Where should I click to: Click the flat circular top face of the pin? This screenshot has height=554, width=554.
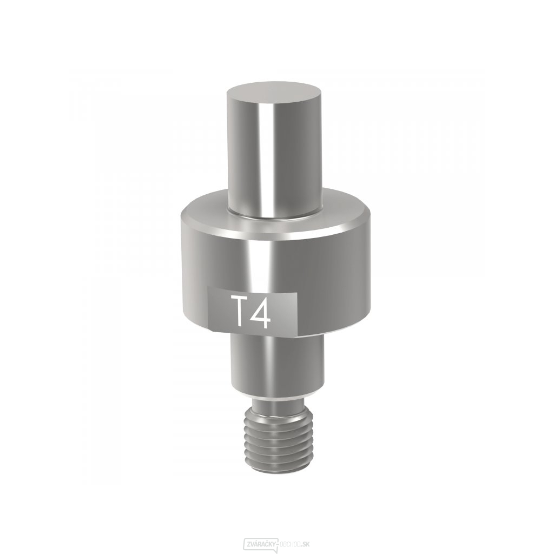tap(274, 93)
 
